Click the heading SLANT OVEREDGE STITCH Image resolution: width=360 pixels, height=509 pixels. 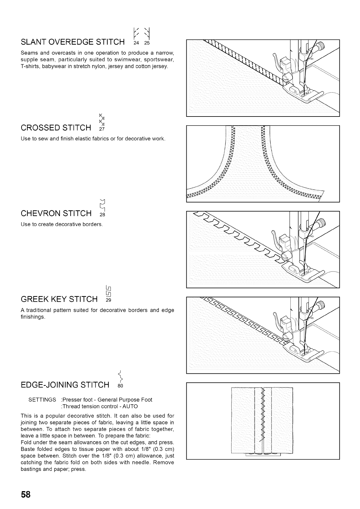(x=73, y=42)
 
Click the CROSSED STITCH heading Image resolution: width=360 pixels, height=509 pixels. (x=56, y=128)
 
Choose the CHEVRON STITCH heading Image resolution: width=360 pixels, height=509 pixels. (x=56, y=214)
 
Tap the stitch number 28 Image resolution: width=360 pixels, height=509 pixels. (x=102, y=215)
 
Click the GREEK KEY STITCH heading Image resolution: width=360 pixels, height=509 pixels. (x=59, y=300)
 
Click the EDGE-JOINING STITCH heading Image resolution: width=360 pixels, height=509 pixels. (x=65, y=385)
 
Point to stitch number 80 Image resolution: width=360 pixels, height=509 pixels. (x=121, y=386)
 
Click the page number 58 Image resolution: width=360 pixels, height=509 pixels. (x=26, y=494)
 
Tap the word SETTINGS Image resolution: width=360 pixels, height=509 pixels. (x=42, y=400)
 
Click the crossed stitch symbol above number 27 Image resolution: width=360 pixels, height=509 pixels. (x=102, y=120)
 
